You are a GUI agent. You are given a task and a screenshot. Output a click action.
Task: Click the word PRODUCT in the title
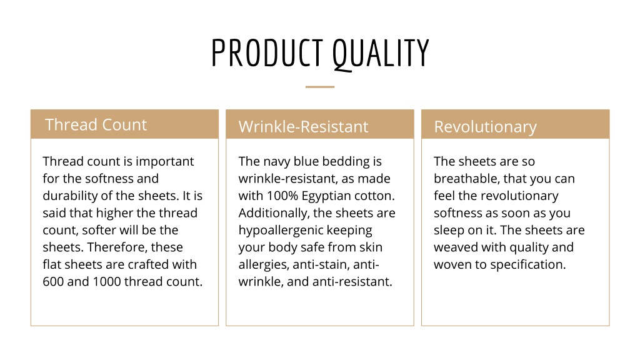pos(267,52)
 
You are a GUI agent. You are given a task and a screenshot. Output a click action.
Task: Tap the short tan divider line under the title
pos(320,86)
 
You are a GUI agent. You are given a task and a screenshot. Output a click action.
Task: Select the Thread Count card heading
pos(96,124)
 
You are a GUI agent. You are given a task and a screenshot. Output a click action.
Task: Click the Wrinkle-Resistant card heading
pos(303,126)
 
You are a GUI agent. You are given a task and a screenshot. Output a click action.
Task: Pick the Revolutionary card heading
pos(485,127)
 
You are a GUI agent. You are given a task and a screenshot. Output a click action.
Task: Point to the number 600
pos(54,281)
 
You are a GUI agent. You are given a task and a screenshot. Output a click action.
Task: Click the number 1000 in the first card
pos(106,281)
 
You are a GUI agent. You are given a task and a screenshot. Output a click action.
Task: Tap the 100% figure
pos(282,196)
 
